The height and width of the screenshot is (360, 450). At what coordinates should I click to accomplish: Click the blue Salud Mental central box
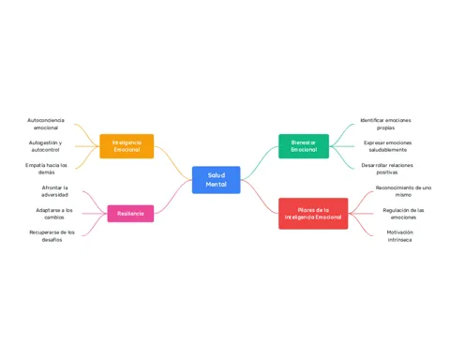point(217,180)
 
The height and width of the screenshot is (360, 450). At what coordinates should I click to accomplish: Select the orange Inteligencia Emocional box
point(127,146)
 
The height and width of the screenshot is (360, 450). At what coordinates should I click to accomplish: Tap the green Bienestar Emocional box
point(304,146)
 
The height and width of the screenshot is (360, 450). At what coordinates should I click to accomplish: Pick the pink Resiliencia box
point(130,214)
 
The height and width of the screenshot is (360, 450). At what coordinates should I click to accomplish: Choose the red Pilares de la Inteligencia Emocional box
point(313,214)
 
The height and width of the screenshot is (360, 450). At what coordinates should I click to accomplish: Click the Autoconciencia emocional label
point(46,124)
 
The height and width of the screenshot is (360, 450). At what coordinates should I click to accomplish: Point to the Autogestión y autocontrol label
point(45,146)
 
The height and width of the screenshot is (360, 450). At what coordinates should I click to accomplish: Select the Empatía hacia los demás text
point(46,169)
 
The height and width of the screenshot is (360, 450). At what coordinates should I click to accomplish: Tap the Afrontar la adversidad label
point(54,191)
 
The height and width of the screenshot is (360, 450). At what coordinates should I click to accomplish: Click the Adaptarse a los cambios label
point(54,214)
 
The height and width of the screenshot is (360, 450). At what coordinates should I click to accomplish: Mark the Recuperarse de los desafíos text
point(52,236)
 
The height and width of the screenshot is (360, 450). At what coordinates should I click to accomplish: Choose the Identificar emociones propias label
point(385,124)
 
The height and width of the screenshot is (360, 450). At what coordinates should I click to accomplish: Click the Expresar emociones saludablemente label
point(388,146)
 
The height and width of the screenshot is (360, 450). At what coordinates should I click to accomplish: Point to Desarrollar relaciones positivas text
point(387,169)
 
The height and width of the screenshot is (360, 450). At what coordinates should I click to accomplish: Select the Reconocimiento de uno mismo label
point(403,191)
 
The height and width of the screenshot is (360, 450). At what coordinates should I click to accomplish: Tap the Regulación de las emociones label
point(403,214)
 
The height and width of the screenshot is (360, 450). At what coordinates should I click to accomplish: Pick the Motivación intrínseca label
point(399,236)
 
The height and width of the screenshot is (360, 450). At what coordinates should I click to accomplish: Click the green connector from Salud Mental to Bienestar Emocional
point(260,163)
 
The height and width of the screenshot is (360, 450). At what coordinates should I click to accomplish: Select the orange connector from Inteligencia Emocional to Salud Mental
point(172,163)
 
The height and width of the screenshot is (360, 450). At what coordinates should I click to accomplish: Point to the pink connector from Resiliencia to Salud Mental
point(172,197)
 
